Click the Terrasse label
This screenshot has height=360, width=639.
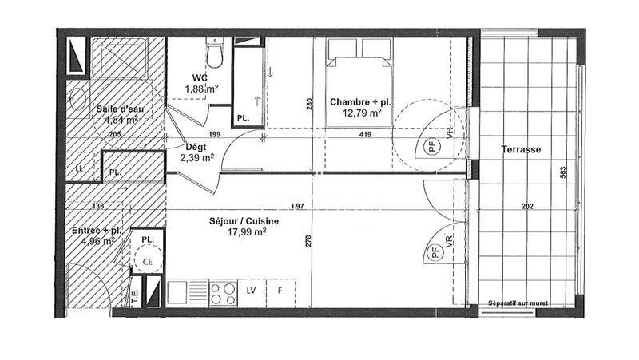(522, 149)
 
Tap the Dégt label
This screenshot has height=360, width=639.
(196, 147)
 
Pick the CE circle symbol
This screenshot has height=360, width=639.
(147, 260)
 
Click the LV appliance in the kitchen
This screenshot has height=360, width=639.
(251, 291)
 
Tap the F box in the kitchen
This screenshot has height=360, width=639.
(280, 291)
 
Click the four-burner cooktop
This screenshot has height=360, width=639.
(221, 290)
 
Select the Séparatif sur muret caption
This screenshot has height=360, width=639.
(529, 303)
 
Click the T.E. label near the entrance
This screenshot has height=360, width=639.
(133, 292)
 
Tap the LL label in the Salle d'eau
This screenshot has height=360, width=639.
(79, 169)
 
